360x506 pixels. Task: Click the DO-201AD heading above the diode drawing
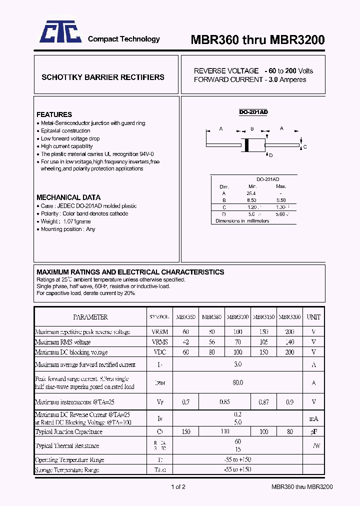[253, 112]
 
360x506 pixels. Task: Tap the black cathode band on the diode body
[246, 144]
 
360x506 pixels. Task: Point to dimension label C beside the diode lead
[305, 147]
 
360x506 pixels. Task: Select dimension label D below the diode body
[271, 155]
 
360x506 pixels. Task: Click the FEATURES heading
[54, 114]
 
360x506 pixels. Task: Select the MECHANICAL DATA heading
[68, 197]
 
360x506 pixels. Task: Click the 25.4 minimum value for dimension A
[251, 193]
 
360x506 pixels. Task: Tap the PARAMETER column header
[90, 317]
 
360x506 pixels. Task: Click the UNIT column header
[313, 317]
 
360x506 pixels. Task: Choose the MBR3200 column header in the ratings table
[289, 317]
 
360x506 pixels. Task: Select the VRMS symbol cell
[160, 342]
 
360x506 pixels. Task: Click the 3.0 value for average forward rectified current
[237, 364]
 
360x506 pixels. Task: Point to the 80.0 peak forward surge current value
[237, 382]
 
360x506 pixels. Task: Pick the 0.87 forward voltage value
[263, 401]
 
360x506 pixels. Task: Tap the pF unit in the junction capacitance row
[313, 431]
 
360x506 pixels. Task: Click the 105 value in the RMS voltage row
[263, 342]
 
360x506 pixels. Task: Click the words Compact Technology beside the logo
[124, 39]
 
